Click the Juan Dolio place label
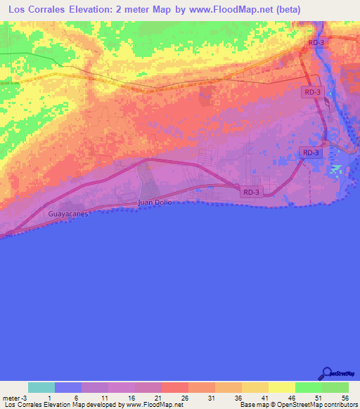click(x=155, y=202)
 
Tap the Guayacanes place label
click(x=68, y=214)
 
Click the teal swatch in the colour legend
click(x=41, y=387)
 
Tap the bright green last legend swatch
click(x=335, y=387)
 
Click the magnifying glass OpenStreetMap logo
click(x=328, y=375)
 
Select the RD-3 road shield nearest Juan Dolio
click(x=252, y=192)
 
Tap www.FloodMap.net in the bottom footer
click(x=153, y=405)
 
